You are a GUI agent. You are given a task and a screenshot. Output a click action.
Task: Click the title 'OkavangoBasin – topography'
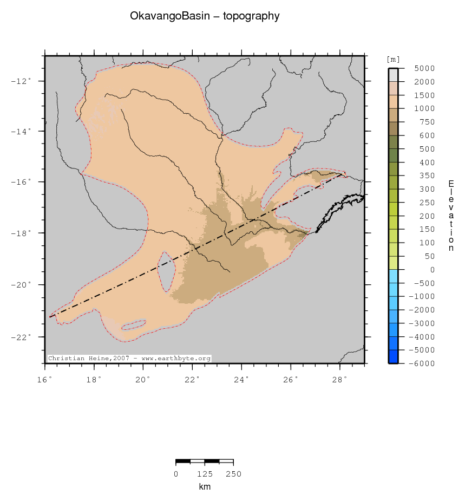click(x=205, y=16)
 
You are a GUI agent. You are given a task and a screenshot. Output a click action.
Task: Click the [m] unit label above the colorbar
click(x=393, y=59)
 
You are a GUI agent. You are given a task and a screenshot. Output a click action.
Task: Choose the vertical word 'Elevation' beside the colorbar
click(x=451, y=216)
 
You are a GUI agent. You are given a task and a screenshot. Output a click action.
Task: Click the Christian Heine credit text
click(x=129, y=358)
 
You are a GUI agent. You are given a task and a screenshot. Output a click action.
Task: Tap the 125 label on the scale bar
click(x=205, y=474)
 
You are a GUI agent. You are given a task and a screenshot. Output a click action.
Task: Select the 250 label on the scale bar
click(x=233, y=474)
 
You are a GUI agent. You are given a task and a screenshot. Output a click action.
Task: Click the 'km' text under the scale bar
click(x=205, y=487)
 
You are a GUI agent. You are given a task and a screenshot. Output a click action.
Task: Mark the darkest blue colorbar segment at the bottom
click(x=393, y=357)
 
